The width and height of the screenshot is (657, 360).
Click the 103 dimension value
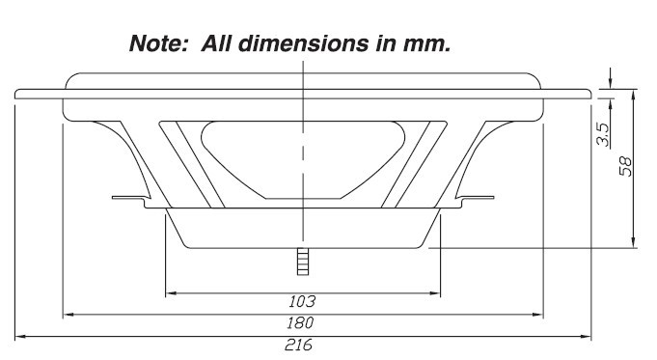tap(302, 301)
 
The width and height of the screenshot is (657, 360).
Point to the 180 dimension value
tap(300, 322)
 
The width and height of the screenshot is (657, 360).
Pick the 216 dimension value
tap(299, 345)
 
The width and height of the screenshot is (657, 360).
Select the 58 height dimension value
tap(625, 166)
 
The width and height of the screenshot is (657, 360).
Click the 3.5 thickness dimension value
tap(604, 134)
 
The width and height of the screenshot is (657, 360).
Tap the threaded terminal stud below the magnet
tap(303, 262)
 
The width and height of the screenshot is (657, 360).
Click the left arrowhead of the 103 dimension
tap(171, 293)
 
